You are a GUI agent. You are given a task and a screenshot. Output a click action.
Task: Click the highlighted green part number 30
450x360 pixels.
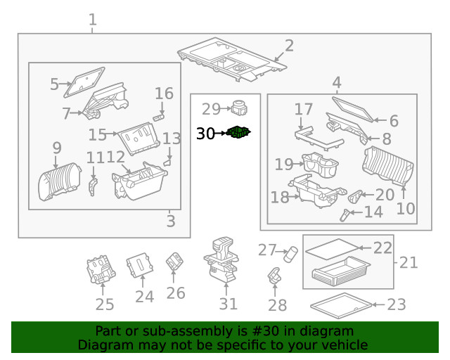coord(240,132)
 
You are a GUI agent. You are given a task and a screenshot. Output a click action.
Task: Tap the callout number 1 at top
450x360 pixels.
coord(93,20)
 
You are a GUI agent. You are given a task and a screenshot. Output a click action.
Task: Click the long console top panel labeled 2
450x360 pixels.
coord(232,59)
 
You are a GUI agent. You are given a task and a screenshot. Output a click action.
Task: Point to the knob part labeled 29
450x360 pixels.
coord(241,108)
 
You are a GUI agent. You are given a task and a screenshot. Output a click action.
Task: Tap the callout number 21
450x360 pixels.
coord(409,262)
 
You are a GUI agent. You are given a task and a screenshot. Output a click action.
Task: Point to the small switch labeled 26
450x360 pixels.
coord(174,263)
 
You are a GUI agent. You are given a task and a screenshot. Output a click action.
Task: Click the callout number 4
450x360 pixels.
coord(336,82)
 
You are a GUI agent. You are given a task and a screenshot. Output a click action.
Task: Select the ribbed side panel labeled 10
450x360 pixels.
coord(386,169)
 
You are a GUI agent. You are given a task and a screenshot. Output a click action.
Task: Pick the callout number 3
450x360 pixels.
coord(171,221)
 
